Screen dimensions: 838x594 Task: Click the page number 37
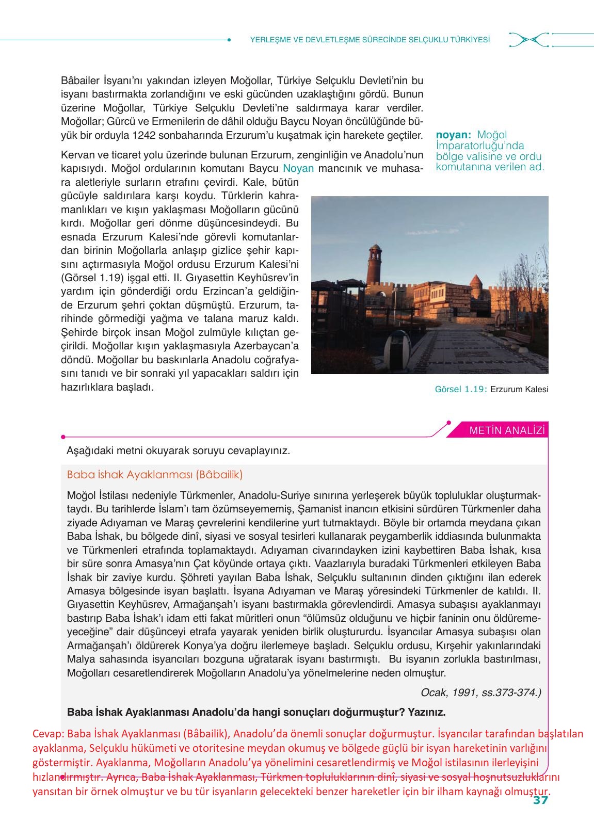point(540,800)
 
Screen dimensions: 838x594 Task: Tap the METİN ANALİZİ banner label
point(507,430)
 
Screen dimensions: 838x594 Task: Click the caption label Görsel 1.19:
point(461,389)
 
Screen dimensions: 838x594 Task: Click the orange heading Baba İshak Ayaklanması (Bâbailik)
point(155,474)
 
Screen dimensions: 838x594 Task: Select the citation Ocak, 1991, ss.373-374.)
point(481,692)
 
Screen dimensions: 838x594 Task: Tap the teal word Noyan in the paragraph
point(298,168)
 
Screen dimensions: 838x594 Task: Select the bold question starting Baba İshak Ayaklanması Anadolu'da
point(256,712)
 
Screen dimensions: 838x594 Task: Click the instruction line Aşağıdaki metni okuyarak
point(178,450)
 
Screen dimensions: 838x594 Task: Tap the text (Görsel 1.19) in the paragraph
point(92,278)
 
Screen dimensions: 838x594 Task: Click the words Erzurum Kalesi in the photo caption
point(519,389)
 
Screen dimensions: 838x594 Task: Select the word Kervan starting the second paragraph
point(77,155)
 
